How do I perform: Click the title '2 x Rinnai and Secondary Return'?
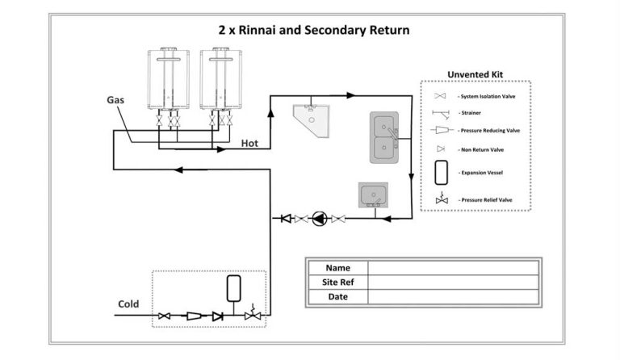pos(314,30)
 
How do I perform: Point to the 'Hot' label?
pos(251,144)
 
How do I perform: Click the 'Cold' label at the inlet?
pos(129,304)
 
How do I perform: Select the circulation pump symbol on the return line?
pos(320,218)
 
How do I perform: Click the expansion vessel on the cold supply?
pos(235,288)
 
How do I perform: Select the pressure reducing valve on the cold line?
pos(195,316)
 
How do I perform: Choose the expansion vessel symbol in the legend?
pos(441,172)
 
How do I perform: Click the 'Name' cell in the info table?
pos(337,268)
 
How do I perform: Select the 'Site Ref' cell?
pos(337,283)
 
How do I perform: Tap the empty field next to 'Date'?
pos(453,297)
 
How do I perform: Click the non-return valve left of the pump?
pos(286,218)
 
